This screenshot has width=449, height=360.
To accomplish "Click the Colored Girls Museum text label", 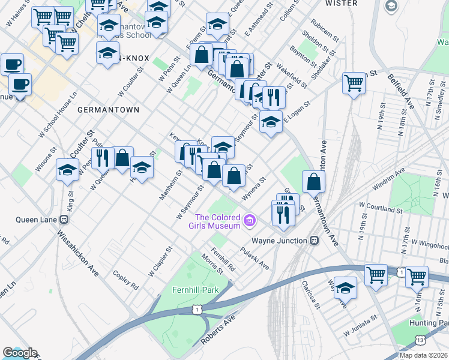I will pos(217,221).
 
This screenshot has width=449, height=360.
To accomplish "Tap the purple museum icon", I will pos(250,221).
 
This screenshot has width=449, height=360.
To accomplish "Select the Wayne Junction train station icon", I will pos(314,240).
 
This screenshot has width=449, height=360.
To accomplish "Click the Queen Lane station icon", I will pos(62,219).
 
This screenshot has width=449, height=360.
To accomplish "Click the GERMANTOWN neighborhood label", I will pos(108,110).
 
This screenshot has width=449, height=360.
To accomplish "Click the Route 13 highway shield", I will pos(420,340).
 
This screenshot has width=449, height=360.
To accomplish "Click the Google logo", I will pos(19,353).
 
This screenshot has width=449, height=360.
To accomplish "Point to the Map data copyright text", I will pos(424,355).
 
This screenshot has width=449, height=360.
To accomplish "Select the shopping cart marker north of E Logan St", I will pos(354,83).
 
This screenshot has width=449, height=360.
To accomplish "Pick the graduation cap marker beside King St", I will pos(67,169).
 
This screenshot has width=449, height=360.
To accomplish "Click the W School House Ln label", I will pos(58,115).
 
